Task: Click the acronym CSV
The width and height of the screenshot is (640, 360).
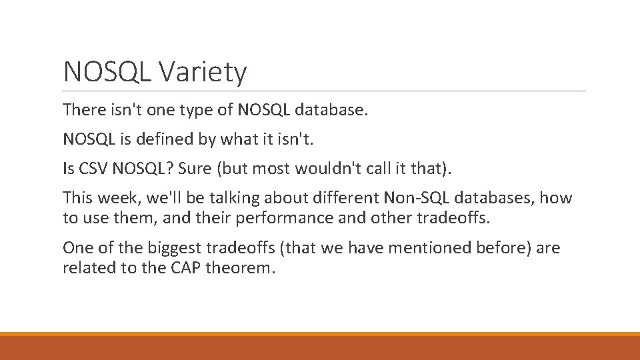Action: click(x=93, y=168)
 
